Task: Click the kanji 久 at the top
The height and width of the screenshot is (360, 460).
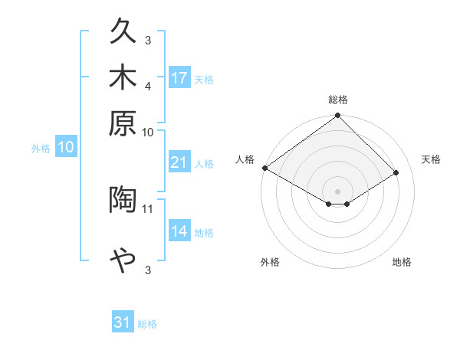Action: click(x=123, y=31)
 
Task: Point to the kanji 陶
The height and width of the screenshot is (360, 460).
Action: click(x=123, y=199)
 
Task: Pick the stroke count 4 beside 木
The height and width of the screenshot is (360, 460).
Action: click(x=148, y=85)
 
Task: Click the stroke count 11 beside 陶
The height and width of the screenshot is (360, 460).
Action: click(x=148, y=208)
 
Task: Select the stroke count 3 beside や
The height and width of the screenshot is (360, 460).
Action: click(x=148, y=270)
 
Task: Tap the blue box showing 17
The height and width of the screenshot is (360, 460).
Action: click(x=179, y=78)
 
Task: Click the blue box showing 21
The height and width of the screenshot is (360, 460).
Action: click(x=179, y=162)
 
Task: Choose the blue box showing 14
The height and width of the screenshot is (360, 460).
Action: click(x=179, y=231)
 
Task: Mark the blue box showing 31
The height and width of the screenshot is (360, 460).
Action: click(x=123, y=322)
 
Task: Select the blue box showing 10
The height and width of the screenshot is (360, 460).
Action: click(x=66, y=148)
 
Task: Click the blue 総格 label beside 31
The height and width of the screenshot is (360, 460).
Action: click(x=147, y=324)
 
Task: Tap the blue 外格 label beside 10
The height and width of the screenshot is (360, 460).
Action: click(x=41, y=149)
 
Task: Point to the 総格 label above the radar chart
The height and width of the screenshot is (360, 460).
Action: click(x=338, y=100)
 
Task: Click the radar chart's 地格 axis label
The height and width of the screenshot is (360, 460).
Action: click(x=402, y=263)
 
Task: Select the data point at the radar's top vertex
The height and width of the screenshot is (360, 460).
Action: click(x=337, y=116)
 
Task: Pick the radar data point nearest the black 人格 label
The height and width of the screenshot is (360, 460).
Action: click(x=264, y=168)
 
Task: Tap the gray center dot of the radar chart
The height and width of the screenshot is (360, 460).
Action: click(x=337, y=191)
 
